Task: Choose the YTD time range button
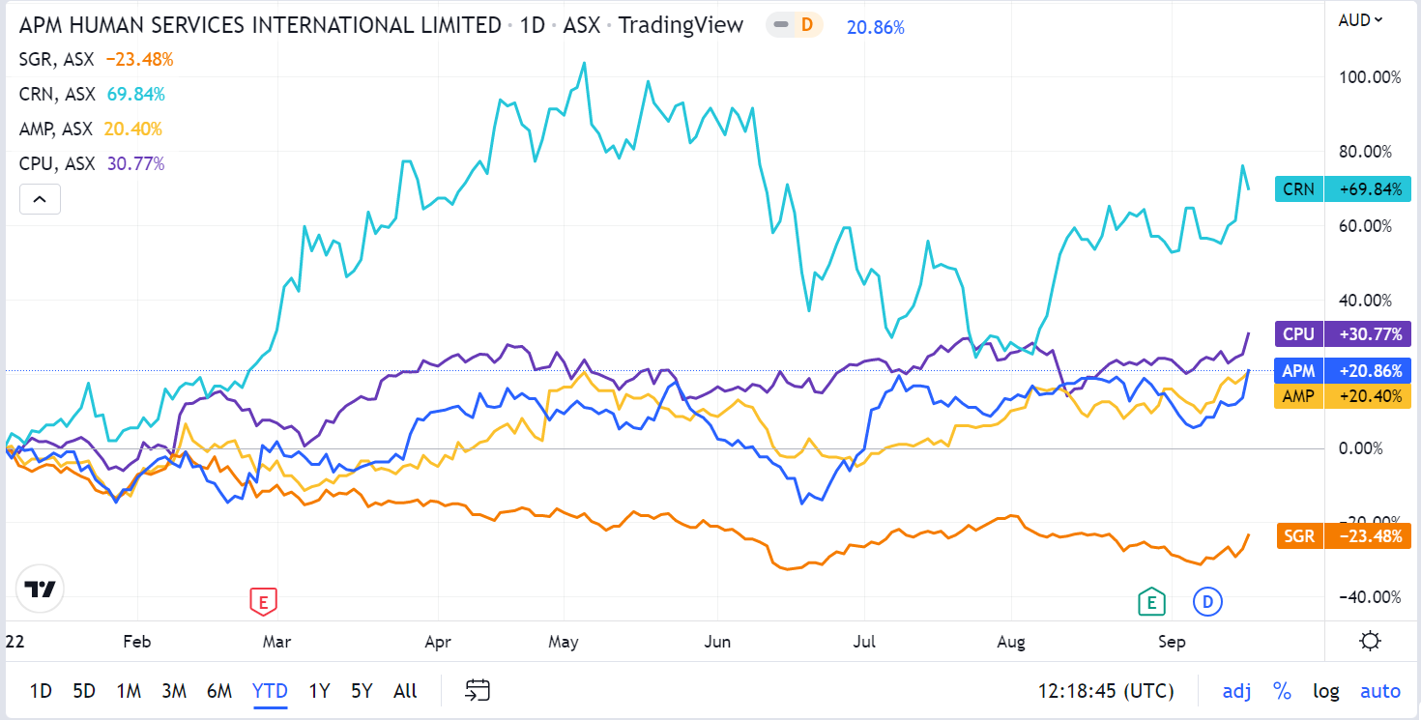(270, 691)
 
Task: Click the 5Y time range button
(362, 691)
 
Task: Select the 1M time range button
(129, 691)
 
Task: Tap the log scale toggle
(1325, 691)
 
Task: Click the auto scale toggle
(1379, 691)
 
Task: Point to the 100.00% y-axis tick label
(1370, 77)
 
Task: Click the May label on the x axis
(563, 642)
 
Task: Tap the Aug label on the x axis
(1011, 642)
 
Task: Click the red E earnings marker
(262, 601)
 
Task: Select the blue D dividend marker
(1207, 601)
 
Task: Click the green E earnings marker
(1150, 601)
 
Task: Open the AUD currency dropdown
(1359, 20)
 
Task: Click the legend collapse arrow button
(40, 199)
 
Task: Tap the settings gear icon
(1369, 640)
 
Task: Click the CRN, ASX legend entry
(56, 94)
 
